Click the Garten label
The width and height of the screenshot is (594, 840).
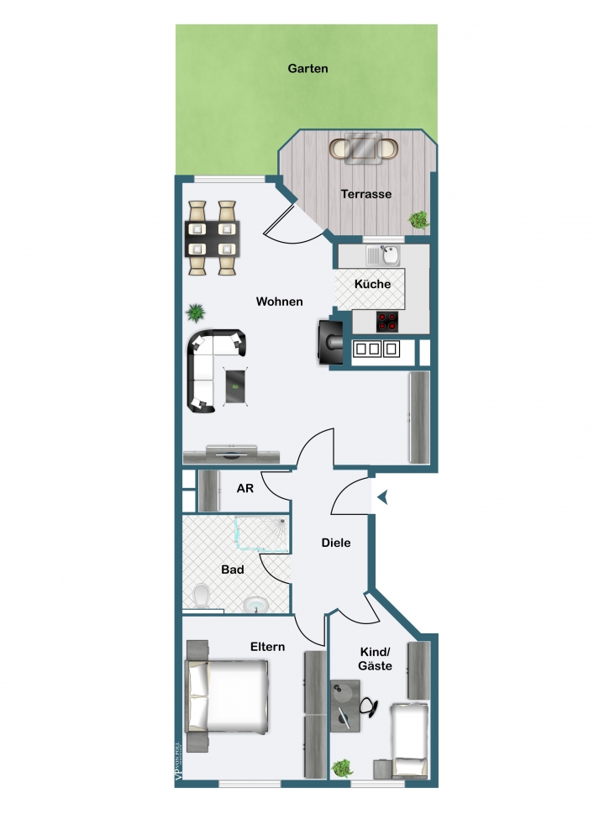click(x=308, y=69)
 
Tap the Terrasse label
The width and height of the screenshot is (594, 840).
click(x=366, y=194)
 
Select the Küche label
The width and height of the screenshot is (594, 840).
click(x=372, y=284)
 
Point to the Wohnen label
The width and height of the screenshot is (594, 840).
click(x=280, y=302)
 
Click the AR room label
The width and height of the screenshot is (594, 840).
click(x=245, y=488)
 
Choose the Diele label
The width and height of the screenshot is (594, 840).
click(x=336, y=543)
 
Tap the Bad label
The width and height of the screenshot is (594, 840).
click(x=233, y=570)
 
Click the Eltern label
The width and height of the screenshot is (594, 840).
click(x=267, y=647)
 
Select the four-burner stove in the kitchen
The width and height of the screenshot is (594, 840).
click(x=387, y=322)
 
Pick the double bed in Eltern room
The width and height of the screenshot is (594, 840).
click(x=228, y=695)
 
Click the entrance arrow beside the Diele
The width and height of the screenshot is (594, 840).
click(x=381, y=499)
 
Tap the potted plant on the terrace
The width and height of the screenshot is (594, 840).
click(x=417, y=220)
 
